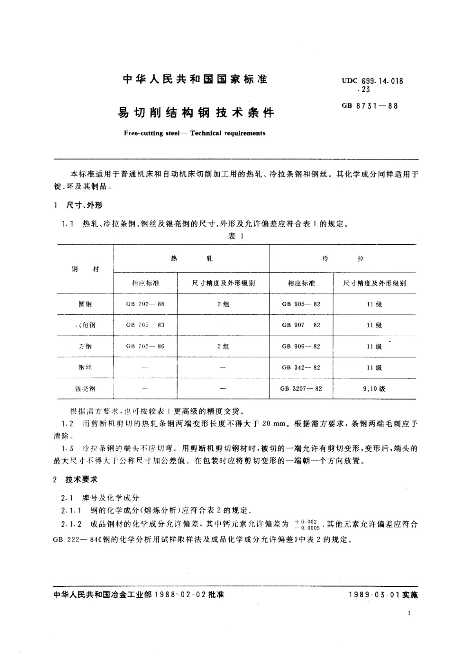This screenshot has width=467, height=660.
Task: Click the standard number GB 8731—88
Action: click(x=370, y=105)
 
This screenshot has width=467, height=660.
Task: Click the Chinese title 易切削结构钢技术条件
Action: click(x=196, y=113)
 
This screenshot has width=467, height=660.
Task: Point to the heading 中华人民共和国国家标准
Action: click(x=195, y=80)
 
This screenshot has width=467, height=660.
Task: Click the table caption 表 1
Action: click(x=236, y=236)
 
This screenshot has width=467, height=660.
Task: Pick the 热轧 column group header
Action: click(x=191, y=259)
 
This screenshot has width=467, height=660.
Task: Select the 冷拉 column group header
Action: click(x=342, y=259)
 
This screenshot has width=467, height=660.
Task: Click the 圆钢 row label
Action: click(x=85, y=304)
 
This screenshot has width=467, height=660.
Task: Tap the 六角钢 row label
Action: click(x=85, y=325)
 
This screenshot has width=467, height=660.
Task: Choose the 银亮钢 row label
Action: click(x=85, y=389)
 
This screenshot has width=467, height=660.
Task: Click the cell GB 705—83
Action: click(x=145, y=325)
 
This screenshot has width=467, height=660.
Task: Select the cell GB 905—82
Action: click(x=301, y=304)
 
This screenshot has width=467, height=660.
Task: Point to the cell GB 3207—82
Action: click(x=301, y=389)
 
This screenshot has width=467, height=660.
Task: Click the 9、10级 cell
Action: click(x=374, y=389)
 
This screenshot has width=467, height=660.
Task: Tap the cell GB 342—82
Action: click(x=301, y=368)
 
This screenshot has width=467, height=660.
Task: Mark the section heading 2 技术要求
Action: click(x=76, y=479)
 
